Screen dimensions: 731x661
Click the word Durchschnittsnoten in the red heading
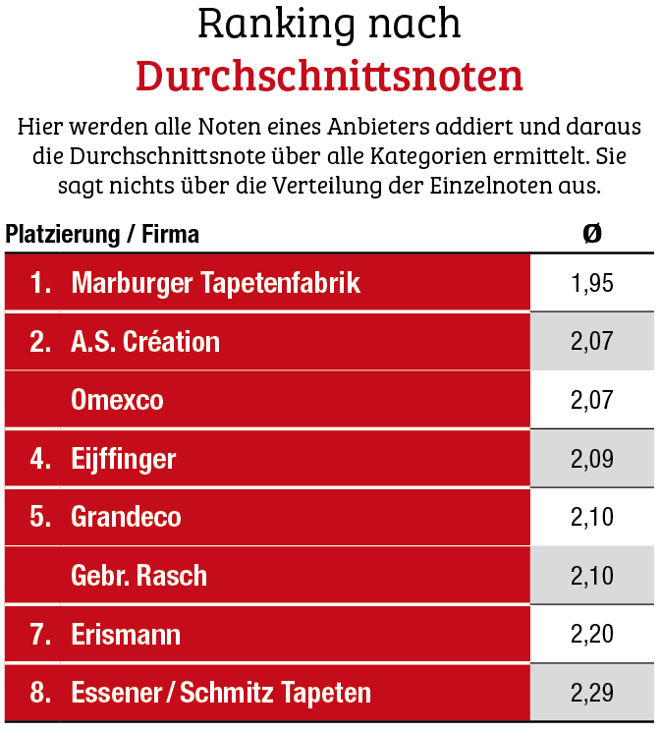tap(329, 76)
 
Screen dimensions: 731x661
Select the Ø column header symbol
tap(591, 234)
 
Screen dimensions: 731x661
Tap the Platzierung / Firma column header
tap(102, 235)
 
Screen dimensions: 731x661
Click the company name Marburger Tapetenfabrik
tap(216, 284)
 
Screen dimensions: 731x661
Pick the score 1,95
tap(591, 284)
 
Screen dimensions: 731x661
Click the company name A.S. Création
tap(145, 342)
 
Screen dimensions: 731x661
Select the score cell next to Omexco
tap(591, 400)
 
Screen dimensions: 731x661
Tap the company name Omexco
tap(117, 400)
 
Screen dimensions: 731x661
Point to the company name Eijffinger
tap(124, 459)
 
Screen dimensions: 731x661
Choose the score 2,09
tap(591, 459)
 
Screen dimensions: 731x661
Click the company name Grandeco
tap(126, 517)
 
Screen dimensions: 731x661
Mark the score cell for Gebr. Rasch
tap(591, 575)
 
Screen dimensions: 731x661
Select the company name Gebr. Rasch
tap(138, 575)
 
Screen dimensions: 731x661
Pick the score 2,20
tap(591, 634)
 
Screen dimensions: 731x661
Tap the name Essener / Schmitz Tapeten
tap(221, 693)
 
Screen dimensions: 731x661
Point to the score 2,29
tap(591, 693)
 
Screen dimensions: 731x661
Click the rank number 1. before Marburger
tap(40, 284)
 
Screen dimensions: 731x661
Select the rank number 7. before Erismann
tap(40, 634)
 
